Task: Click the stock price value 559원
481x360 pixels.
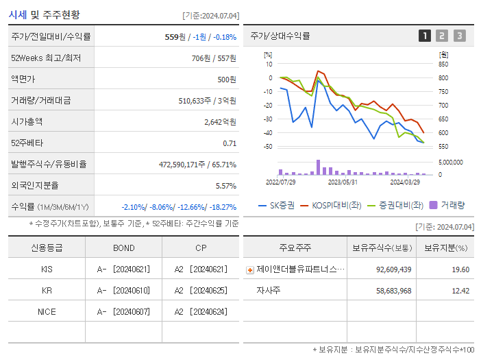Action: (176, 37)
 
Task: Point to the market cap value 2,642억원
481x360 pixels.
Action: (220, 122)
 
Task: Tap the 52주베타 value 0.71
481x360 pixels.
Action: (230, 143)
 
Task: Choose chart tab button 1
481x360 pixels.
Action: (425, 36)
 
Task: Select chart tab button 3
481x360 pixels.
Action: (459, 36)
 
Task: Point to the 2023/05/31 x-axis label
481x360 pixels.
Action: (343, 182)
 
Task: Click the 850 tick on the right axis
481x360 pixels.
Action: (444, 64)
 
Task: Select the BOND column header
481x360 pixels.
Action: (124, 248)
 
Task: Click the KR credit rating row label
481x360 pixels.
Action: (47, 291)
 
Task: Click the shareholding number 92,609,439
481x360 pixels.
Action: (393, 269)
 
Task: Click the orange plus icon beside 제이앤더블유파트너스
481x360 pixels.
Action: (250, 270)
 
